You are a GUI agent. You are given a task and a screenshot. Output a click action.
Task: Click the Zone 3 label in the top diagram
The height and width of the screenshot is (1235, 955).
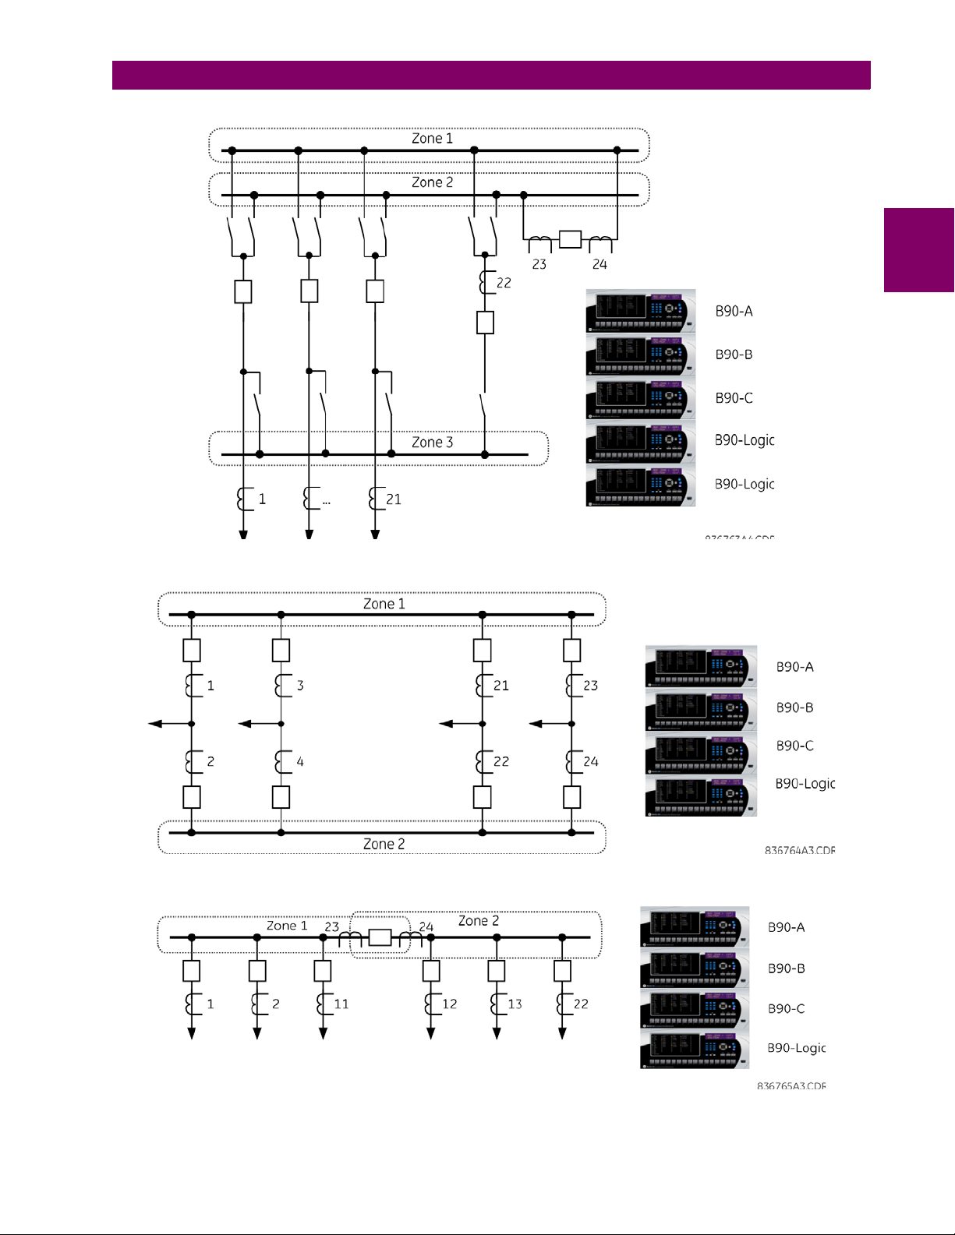(432, 443)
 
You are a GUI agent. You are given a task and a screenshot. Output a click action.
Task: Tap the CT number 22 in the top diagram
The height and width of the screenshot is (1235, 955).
(504, 283)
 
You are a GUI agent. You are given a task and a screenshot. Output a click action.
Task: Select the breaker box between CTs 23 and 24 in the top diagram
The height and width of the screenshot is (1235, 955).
(570, 239)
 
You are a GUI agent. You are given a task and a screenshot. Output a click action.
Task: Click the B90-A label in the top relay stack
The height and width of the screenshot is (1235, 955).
(734, 312)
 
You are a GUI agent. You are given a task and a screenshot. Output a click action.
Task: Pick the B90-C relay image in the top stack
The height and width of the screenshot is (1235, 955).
(641, 398)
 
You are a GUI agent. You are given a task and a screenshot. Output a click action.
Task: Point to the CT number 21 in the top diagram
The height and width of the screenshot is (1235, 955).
(394, 499)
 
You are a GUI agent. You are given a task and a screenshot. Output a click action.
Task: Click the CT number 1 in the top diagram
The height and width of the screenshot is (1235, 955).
(262, 499)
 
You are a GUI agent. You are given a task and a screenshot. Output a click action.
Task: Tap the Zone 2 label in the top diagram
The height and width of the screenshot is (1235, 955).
(432, 182)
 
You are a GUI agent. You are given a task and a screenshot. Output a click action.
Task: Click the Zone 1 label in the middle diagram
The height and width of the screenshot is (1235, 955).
(384, 604)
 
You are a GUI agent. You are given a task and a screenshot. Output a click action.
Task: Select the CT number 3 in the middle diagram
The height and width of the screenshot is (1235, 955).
(300, 686)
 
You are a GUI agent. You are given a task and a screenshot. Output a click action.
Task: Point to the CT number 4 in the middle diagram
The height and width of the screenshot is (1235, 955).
(300, 761)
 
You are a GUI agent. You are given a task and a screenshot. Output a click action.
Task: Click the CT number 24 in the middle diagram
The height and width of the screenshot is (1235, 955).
(591, 761)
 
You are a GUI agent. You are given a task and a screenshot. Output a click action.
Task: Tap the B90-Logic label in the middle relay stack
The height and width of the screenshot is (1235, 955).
(805, 784)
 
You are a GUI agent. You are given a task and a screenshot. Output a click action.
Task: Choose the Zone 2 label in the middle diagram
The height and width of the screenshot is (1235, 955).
(384, 844)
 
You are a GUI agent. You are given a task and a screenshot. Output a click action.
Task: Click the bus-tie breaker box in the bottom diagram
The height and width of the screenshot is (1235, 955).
(380, 937)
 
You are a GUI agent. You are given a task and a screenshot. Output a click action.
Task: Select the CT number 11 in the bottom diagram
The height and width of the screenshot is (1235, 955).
(341, 1004)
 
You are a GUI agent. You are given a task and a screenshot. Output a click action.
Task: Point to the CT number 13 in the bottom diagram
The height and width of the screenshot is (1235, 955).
(515, 1004)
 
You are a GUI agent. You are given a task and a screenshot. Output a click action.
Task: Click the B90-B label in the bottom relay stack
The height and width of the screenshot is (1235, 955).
(786, 969)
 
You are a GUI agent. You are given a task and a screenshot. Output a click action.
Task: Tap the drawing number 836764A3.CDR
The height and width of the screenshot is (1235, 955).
(799, 851)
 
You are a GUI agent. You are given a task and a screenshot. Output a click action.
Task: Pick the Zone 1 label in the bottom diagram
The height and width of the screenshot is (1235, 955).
(287, 926)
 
